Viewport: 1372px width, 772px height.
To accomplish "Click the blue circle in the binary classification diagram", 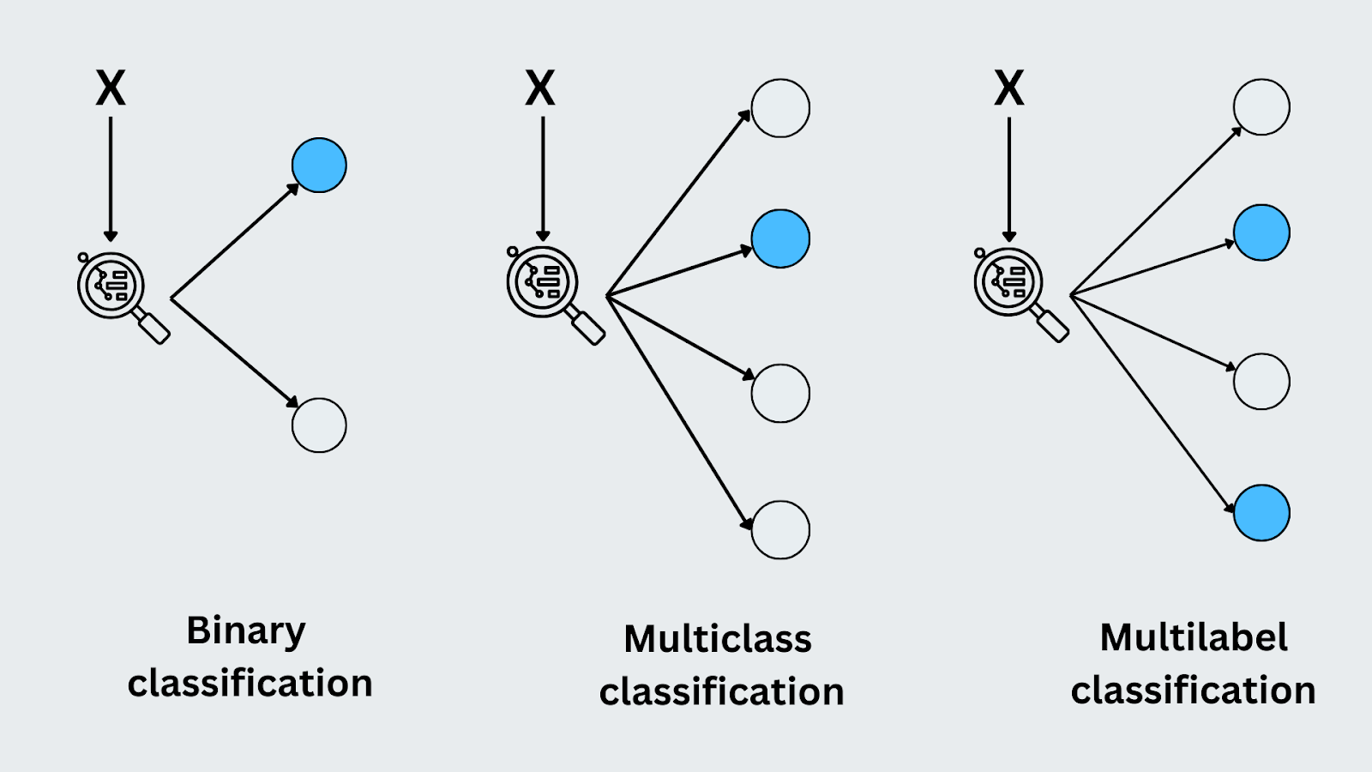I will (x=319, y=165).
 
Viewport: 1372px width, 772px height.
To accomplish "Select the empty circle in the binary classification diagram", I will (x=319, y=425).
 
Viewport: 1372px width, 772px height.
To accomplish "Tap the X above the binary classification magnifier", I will (x=111, y=88).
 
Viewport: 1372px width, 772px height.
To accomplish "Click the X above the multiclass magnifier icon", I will (x=540, y=88).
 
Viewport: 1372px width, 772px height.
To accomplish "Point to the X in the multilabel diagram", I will (x=1009, y=88).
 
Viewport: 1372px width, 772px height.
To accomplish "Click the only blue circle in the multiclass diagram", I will (x=780, y=238).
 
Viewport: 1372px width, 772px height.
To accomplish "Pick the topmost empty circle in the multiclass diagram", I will (x=780, y=108).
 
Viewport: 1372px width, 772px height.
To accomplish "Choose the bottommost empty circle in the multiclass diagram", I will (x=780, y=530).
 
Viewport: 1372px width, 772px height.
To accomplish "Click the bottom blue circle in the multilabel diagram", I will (x=1261, y=513).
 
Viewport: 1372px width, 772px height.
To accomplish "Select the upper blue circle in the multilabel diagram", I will (x=1261, y=232).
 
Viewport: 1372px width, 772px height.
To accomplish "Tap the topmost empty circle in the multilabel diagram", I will (x=1261, y=107).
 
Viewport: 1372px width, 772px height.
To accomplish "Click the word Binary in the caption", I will (x=246, y=632).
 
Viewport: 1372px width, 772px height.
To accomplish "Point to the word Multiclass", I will (x=718, y=639).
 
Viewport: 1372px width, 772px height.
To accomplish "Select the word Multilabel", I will (x=1194, y=637).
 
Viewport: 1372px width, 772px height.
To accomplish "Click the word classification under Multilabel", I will (x=1193, y=691).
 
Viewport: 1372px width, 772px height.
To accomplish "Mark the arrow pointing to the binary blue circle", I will (x=236, y=241).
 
